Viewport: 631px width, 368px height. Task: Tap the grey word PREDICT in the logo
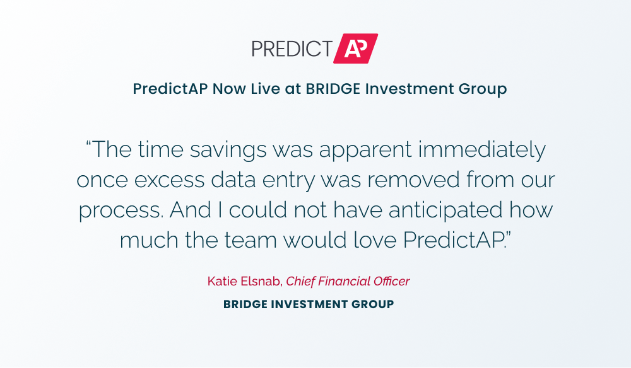pos(292,49)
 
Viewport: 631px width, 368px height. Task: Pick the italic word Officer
pos(392,281)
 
